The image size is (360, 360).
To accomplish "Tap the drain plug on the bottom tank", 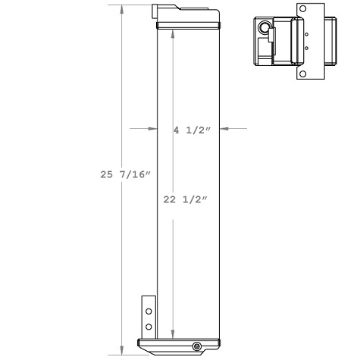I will point(197,346).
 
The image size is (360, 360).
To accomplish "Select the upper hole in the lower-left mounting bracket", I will point(149,312).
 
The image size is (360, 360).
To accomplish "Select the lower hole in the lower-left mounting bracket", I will point(149,327).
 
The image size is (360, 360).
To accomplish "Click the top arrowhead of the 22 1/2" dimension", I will point(174,35).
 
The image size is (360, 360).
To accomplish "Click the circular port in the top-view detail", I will point(265,28).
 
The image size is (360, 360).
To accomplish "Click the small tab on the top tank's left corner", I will point(156,11).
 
